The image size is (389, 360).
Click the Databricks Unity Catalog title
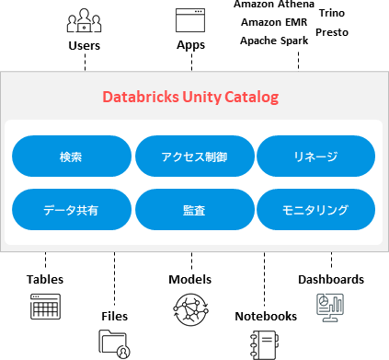tap(189, 97)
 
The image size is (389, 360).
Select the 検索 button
tap(71, 156)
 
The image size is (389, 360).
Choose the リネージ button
tap(315, 156)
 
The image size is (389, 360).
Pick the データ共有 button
tap(71, 210)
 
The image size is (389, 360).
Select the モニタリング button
tap(315, 210)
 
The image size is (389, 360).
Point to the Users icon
tap(85, 19)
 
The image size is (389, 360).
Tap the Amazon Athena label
tap(273, 6)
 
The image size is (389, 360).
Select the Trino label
tap(331, 14)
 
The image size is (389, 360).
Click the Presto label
tap(331, 32)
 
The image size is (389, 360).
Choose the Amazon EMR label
tap(273, 22)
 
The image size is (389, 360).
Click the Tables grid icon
tap(44, 307)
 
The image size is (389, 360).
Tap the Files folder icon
tap(115, 343)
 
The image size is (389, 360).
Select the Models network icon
tap(190, 308)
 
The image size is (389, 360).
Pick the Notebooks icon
tap(265, 343)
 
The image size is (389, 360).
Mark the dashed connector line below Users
tap(85, 62)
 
